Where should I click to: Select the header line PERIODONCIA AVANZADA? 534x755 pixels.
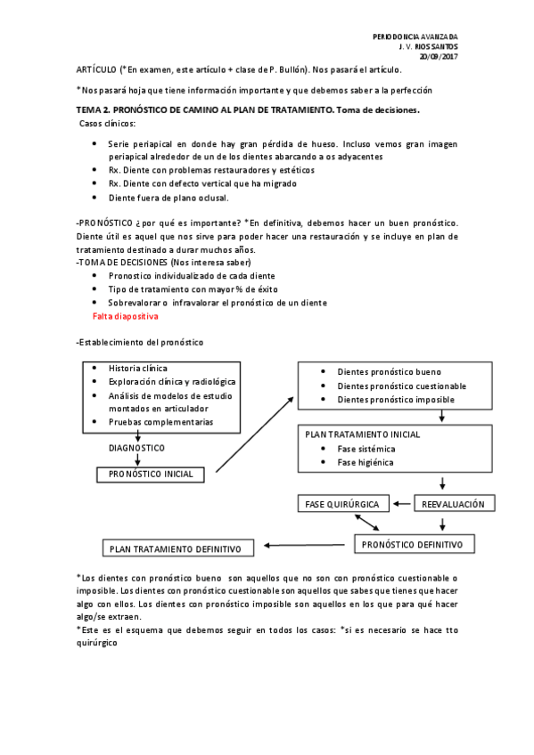[415, 36]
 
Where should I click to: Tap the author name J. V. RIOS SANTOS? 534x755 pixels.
[427, 45]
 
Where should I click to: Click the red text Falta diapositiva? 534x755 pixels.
[125, 316]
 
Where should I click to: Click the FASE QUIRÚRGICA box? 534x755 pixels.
[342, 504]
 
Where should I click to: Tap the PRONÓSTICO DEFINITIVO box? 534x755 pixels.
[414, 543]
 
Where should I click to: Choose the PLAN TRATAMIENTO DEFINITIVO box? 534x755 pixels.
[177, 548]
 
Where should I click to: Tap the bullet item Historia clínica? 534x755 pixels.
[137, 368]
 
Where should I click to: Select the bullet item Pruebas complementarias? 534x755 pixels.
[160, 421]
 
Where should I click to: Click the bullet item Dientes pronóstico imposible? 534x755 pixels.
[395, 400]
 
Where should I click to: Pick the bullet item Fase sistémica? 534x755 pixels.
[366, 449]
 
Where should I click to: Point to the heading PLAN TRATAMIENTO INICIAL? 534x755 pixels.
[363, 434]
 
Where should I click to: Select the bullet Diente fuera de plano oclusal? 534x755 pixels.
[168, 198]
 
